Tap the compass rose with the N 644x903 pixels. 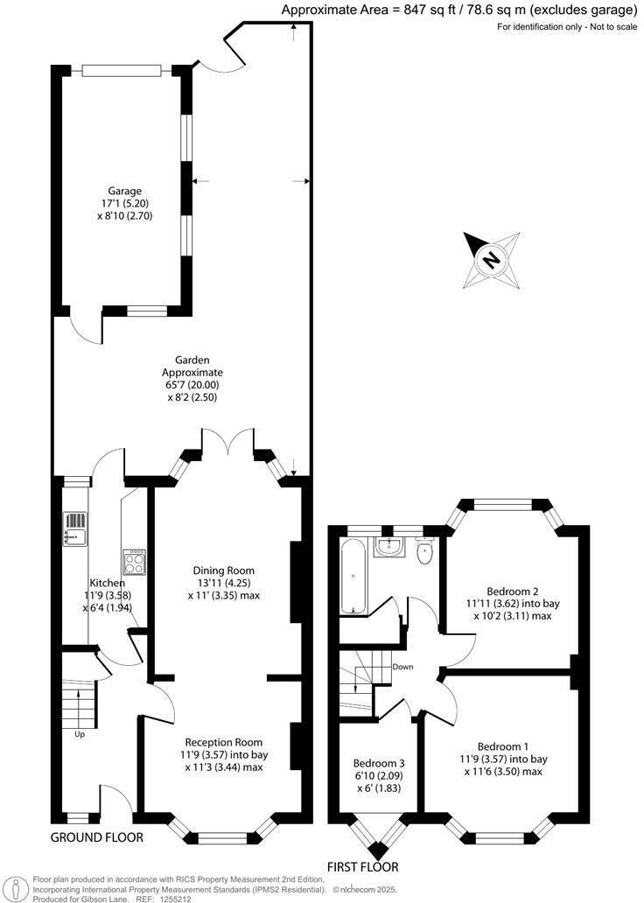coord(491,259)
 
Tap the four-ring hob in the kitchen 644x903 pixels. coord(136,559)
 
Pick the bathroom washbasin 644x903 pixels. coord(388,547)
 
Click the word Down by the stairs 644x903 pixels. coord(403,667)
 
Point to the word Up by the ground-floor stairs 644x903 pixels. coord(80,734)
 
